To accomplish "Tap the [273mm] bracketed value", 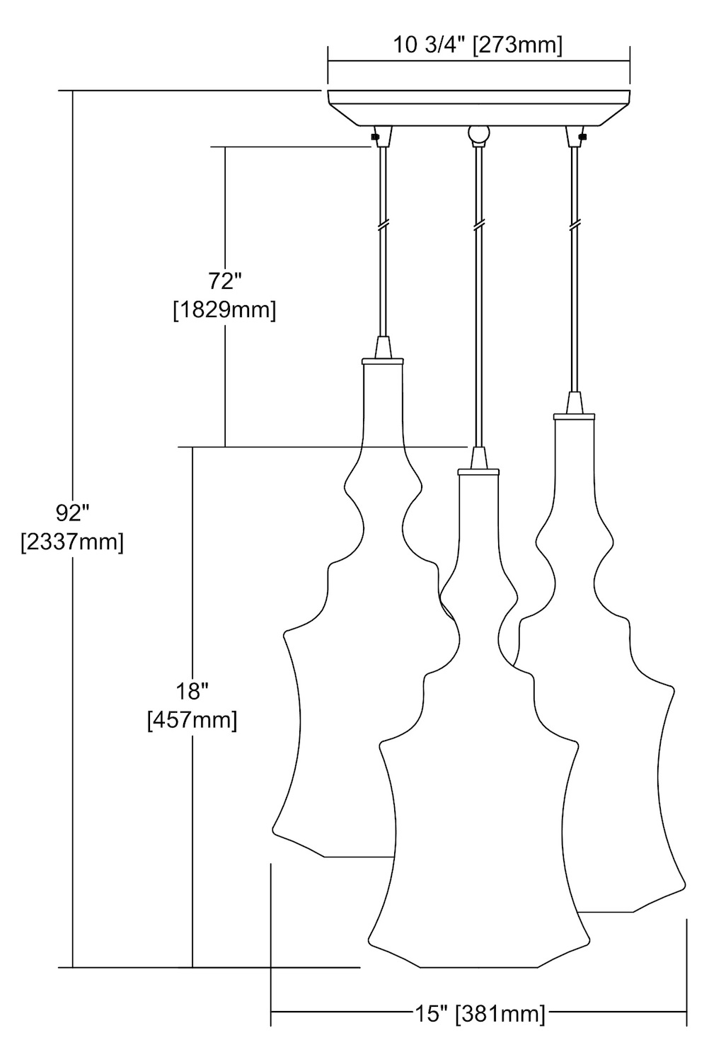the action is [518, 46].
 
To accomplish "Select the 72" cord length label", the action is [225, 282].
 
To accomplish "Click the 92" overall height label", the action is [72, 513].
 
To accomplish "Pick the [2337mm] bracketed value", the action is [72, 542].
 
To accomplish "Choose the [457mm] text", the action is [192, 721].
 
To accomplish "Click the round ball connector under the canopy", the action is [478, 135].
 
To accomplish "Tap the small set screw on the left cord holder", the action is [375, 137].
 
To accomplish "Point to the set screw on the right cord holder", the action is [583, 137].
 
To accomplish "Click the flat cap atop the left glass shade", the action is [383, 361].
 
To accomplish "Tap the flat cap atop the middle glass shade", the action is [478, 472].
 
